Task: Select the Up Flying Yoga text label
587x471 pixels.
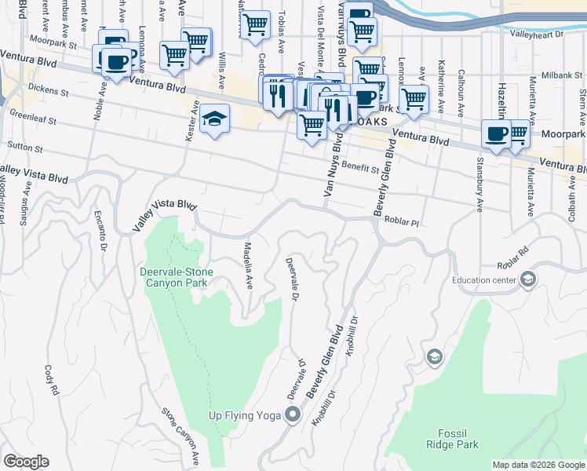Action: tap(243, 415)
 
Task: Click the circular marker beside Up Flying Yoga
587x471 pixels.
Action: tap(293, 414)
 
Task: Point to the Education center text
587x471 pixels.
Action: tap(484, 279)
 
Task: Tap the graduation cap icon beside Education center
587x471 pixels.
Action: tap(528, 279)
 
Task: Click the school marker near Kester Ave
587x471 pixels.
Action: tap(214, 119)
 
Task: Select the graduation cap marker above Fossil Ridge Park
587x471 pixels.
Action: tap(434, 358)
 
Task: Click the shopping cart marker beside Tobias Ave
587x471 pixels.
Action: tap(255, 26)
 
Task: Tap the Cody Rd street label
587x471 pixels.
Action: tap(53, 379)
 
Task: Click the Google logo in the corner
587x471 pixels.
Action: tap(26, 462)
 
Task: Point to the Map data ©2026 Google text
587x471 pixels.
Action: tap(538, 465)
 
